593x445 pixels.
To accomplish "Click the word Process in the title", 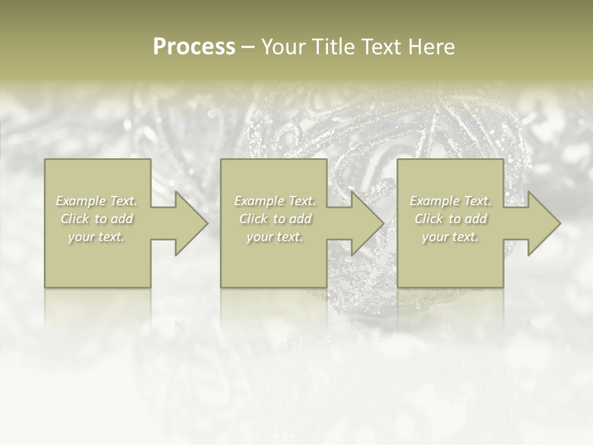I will tap(194, 47).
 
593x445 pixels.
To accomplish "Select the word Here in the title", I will tap(432, 47).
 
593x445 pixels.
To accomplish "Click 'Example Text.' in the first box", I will tap(96, 201).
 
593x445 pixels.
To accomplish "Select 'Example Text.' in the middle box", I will tap(275, 201).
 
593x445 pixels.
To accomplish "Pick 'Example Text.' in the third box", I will tap(450, 201).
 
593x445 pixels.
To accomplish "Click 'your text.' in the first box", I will tap(96, 237).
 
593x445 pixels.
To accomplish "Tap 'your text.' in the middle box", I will tap(275, 237).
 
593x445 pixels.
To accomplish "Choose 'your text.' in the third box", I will tap(450, 237).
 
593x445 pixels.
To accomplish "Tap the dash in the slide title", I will tap(248, 48).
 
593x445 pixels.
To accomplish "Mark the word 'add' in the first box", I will tap(122, 219).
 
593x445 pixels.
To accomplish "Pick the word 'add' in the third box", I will tap(476, 219).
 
